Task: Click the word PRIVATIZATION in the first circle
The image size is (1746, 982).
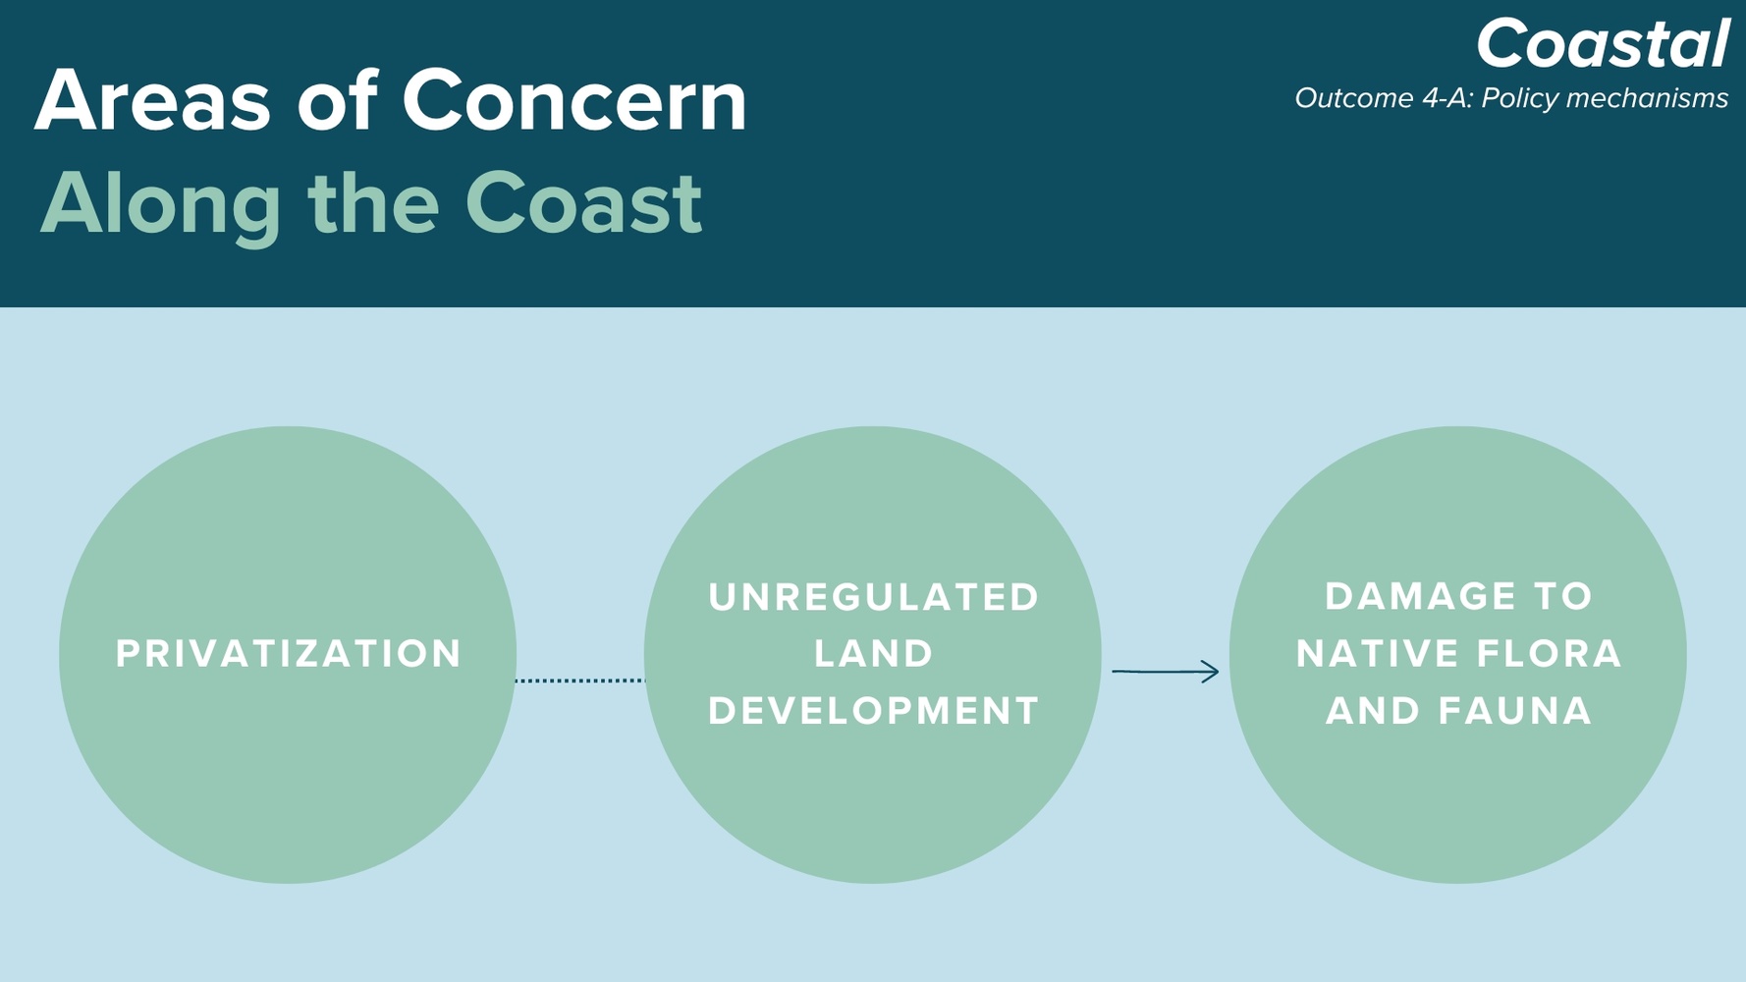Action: pyautogui.click(x=289, y=654)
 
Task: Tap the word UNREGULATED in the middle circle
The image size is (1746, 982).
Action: pyautogui.click(x=874, y=597)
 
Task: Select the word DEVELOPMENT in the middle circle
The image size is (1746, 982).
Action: pyautogui.click(x=874, y=711)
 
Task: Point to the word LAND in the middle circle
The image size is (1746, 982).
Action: pyautogui.click(x=874, y=654)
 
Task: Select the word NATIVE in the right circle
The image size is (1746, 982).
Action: pyautogui.click(x=1377, y=654)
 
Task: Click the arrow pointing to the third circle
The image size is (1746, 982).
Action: pyautogui.click(x=1166, y=672)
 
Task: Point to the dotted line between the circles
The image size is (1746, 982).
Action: pyautogui.click(x=580, y=681)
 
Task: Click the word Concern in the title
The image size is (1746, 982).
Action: pyautogui.click(x=575, y=101)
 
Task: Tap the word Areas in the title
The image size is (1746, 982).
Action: pyautogui.click(x=153, y=101)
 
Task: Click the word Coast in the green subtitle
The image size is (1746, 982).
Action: pyautogui.click(x=583, y=204)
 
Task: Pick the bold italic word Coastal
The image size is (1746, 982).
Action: pyautogui.click(x=1603, y=44)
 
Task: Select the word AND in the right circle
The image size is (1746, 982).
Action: pyautogui.click(x=1373, y=711)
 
